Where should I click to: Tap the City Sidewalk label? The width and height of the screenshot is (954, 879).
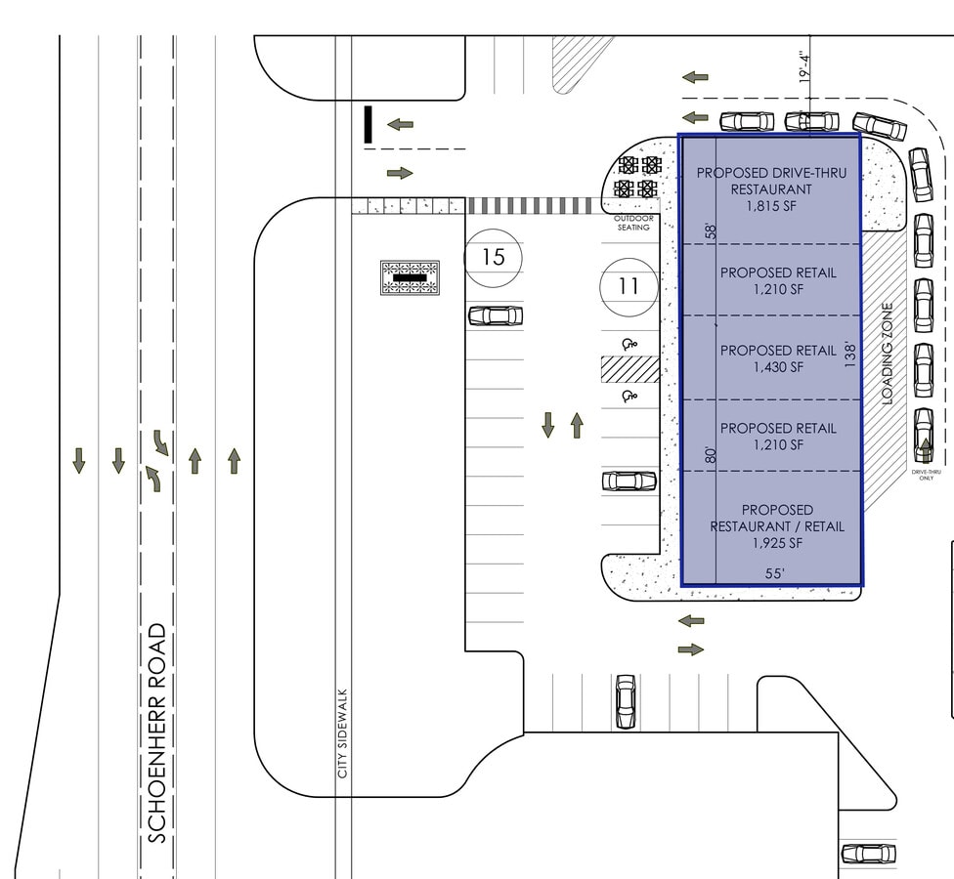pos(342,733)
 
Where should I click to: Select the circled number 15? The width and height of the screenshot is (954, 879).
pos(494,257)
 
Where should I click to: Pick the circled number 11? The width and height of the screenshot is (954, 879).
pos(629,286)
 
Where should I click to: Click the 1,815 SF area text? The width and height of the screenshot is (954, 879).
pos(771,206)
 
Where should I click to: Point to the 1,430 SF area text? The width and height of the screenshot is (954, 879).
pos(778,367)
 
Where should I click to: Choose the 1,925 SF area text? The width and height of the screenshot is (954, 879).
pos(777,543)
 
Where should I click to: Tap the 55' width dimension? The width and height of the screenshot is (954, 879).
pos(774,573)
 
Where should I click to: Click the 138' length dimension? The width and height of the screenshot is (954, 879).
pos(850,355)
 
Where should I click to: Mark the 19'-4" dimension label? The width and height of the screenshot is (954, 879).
pos(805,66)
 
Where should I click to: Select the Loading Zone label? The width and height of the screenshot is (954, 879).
pos(888,354)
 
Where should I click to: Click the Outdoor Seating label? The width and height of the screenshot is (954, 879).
pos(633,223)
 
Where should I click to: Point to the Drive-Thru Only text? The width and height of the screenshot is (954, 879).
pos(926,475)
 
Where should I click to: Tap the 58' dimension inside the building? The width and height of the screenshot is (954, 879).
pos(711,231)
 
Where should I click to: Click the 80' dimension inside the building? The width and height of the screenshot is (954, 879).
pos(711,455)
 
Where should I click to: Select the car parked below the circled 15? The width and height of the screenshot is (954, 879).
pos(496,316)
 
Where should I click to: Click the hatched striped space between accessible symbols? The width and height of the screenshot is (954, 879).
pos(629,369)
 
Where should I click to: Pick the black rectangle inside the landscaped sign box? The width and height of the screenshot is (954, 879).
pos(410,277)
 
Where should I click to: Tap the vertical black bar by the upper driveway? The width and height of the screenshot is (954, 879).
pos(368,125)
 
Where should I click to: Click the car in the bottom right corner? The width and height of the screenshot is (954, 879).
pos(869,854)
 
